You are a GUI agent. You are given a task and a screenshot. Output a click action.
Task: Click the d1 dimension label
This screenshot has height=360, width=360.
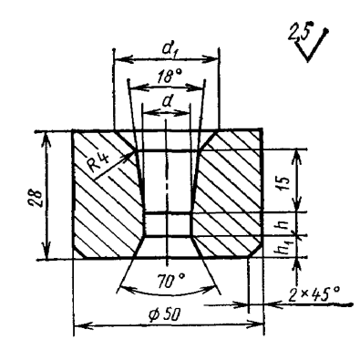point(168,49)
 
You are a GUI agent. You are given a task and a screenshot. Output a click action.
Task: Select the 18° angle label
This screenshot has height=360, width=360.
point(170,76)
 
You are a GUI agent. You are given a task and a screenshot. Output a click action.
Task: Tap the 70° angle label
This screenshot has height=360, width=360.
point(170,280)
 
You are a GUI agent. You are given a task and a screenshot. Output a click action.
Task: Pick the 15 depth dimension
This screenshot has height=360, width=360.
point(283,182)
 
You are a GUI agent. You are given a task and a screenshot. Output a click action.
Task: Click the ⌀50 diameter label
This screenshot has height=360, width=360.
point(163,315)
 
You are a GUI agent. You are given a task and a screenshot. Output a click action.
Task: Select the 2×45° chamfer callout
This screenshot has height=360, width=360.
point(314,294)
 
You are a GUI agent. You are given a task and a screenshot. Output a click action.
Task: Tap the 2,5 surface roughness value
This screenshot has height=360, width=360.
point(299,33)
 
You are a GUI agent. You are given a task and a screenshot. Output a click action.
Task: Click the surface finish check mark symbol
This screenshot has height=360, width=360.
point(311,46)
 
